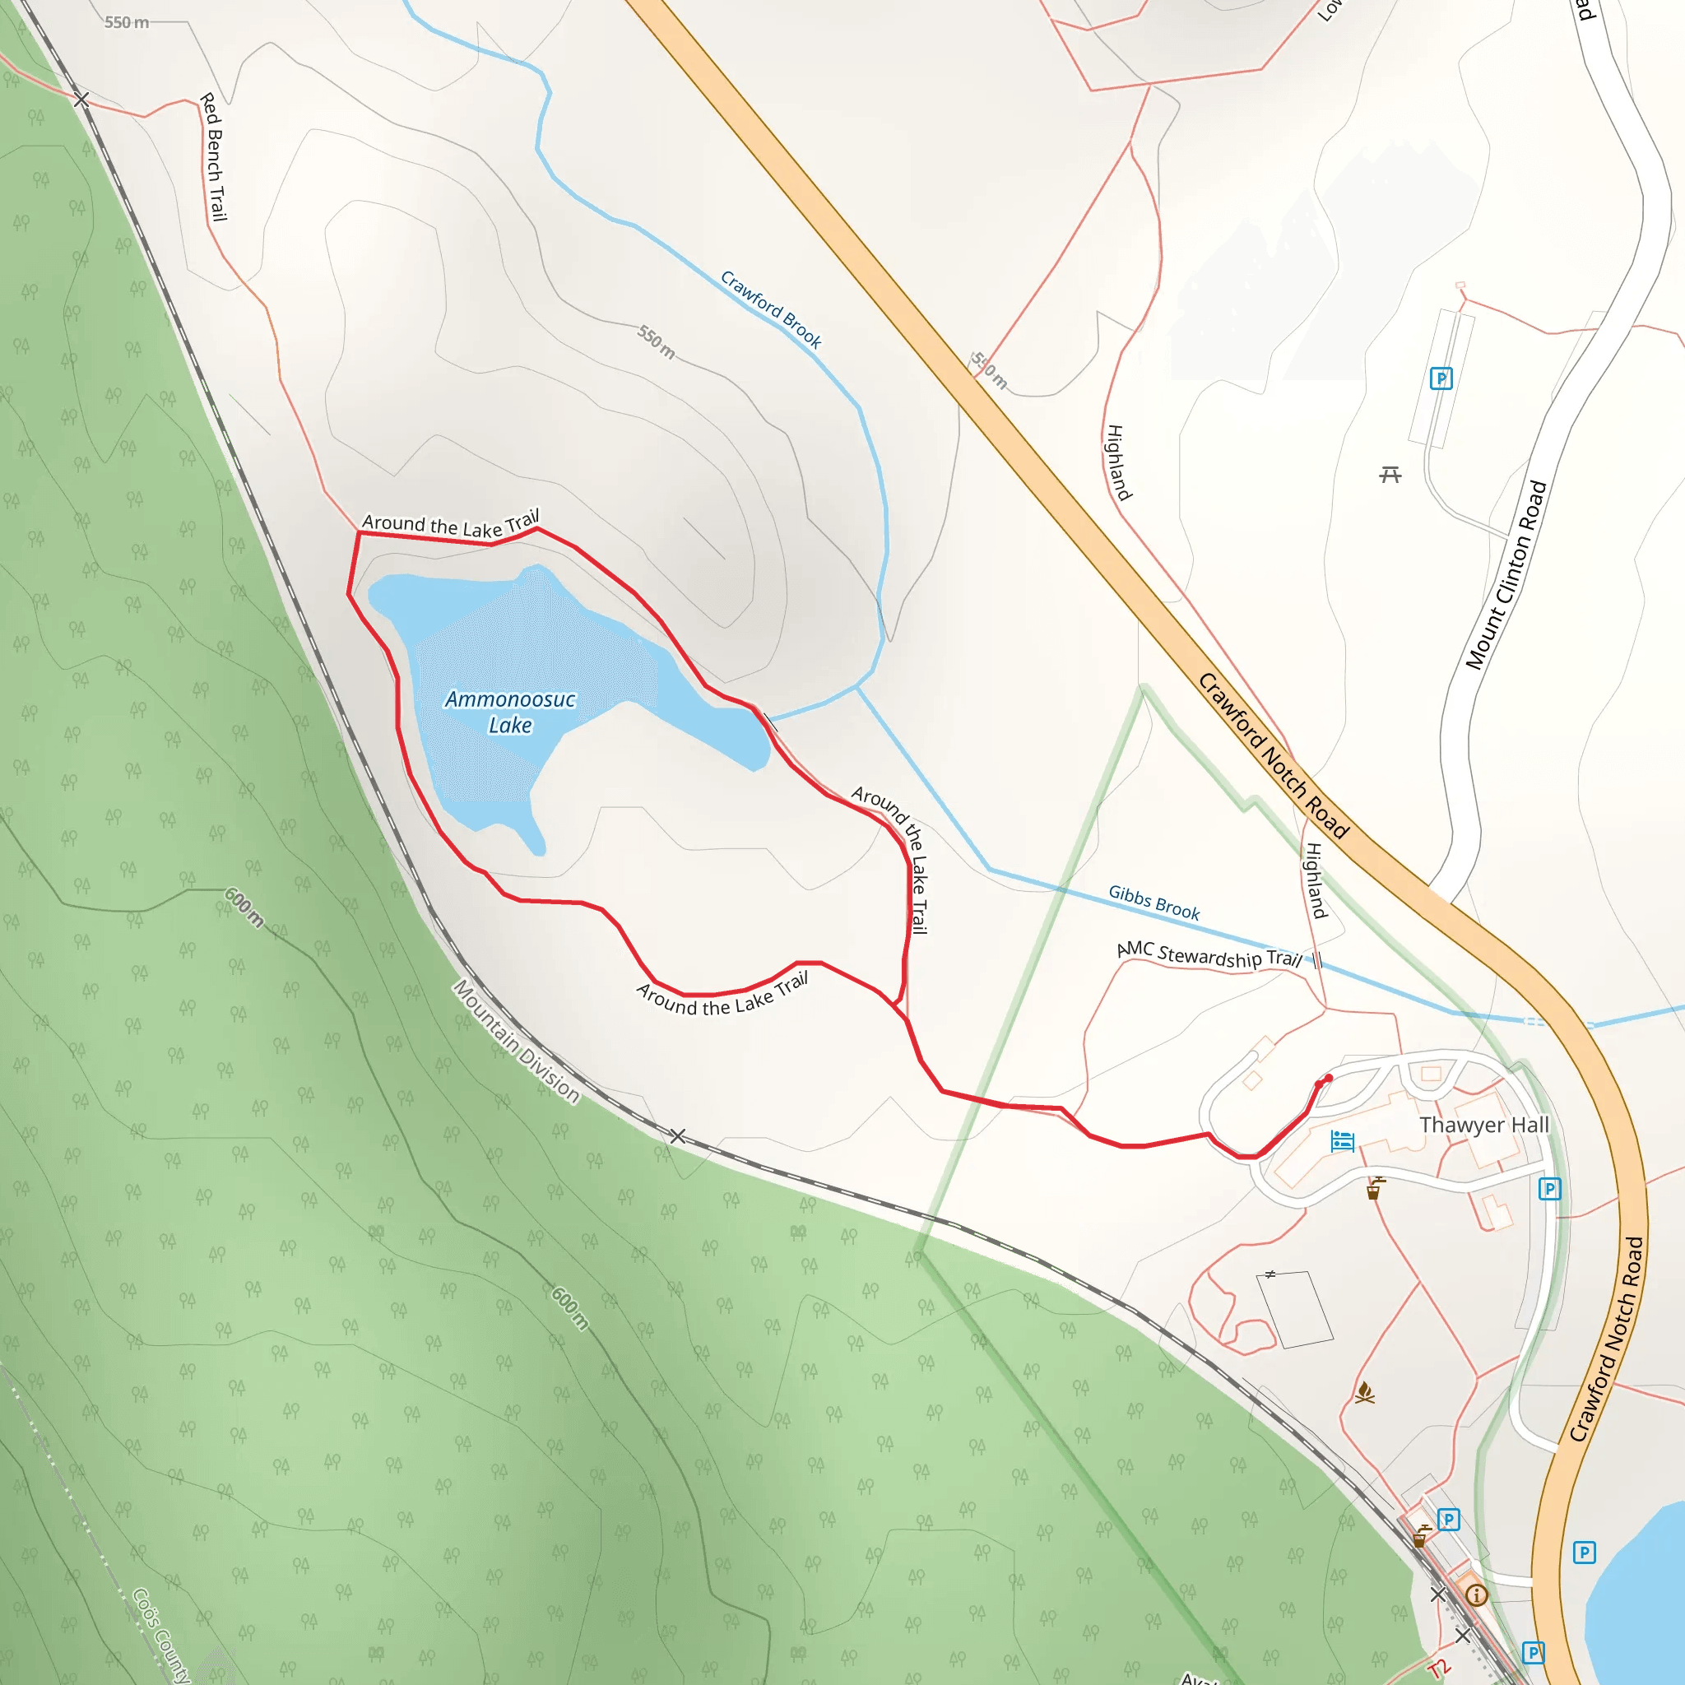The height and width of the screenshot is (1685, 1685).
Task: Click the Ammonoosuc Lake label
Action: click(509, 712)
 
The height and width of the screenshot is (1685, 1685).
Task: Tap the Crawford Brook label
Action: click(771, 309)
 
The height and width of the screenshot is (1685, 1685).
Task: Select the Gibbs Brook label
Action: click(1154, 903)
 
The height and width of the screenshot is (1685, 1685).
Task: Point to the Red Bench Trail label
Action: click(214, 157)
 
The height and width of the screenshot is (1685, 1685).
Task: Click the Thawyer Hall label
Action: click(1483, 1125)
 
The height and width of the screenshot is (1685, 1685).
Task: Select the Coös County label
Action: click(161, 1636)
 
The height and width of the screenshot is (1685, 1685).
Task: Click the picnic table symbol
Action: click(1390, 475)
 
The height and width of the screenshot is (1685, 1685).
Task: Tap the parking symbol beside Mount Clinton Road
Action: click(1441, 378)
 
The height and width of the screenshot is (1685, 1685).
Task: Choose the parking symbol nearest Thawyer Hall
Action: click(1550, 1189)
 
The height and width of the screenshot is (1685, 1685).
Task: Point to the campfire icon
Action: click(1365, 1393)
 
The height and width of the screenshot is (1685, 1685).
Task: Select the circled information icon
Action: click(1477, 1595)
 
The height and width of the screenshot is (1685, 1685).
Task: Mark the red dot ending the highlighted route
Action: click(1328, 1079)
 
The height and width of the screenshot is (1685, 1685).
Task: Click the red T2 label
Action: click(1439, 1668)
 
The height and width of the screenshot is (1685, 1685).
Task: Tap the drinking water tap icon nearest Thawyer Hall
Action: click(1375, 1189)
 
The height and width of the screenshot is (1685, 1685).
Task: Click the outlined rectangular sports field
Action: click(1295, 1309)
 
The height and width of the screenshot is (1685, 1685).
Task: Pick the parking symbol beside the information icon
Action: click(1449, 1520)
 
